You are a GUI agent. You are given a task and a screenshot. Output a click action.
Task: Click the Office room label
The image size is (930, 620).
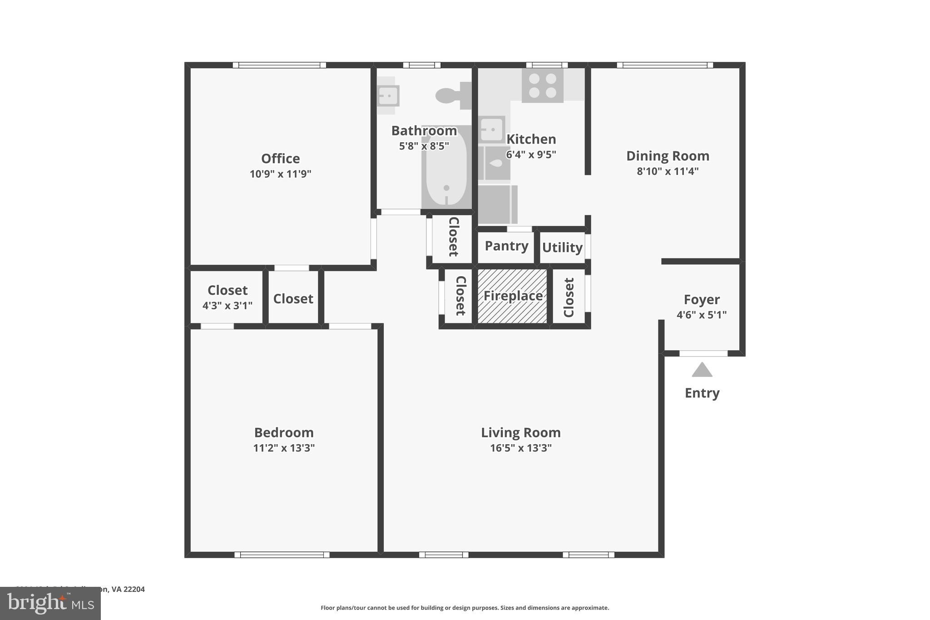pos(280,159)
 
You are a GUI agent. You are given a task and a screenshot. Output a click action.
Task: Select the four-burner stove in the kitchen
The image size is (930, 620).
pos(542,85)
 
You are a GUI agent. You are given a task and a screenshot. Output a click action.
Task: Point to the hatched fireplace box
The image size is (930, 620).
pos(512,296)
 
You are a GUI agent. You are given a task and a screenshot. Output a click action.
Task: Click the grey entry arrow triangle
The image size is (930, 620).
pos(702,370)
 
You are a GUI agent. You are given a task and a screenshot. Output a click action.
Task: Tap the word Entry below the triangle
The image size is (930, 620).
pos(702,393)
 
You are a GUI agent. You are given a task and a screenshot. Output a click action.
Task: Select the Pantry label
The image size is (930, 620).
pos(506,246)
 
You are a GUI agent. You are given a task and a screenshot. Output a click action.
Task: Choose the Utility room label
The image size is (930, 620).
pos(562,248)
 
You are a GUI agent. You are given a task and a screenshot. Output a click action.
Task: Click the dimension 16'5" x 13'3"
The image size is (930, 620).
pos(520,448)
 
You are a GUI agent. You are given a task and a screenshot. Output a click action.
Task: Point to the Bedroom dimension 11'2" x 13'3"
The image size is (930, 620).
pos(284,448)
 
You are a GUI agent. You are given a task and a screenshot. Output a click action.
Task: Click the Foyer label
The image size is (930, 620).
pos(702,300)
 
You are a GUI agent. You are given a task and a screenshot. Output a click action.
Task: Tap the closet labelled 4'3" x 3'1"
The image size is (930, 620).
pos(227,297)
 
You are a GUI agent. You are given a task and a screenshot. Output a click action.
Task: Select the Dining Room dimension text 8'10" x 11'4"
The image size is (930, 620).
pos(668,171)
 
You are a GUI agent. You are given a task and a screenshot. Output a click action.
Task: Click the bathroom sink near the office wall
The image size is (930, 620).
pos(388,96)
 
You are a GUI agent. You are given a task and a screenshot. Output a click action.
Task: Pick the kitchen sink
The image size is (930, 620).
pos(491,129)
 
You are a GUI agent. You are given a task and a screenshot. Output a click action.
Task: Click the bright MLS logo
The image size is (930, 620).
pos(50,604)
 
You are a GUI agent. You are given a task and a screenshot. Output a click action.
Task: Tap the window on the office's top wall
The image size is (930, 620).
pos(279,65)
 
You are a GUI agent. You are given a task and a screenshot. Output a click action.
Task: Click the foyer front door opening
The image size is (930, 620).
pos(703,353)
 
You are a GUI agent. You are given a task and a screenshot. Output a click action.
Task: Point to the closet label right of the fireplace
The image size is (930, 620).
pos(569,298)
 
